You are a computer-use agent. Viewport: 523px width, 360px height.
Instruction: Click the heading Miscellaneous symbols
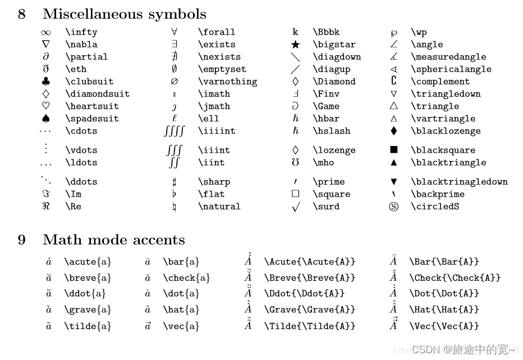tap(124, 14)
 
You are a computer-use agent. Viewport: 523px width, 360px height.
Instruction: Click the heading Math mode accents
tap(113, 240)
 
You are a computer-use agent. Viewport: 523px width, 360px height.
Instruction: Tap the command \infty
tap(81, 32)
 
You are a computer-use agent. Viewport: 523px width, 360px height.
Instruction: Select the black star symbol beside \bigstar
tap(296, 44)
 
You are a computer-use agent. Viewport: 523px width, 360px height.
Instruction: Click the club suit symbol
tap(46, 81)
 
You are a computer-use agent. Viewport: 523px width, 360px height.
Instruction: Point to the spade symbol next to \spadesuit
tap(46, 119)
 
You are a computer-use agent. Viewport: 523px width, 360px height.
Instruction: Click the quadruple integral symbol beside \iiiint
tap(174, 131)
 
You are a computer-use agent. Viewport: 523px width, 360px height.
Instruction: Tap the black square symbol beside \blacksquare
tap(394, 150)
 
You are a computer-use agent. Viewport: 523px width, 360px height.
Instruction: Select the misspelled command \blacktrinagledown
tap(459, 181)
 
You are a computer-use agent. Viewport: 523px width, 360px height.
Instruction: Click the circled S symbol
tap(394, 206)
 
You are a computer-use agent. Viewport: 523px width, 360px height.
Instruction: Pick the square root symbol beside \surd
tap(296, 207)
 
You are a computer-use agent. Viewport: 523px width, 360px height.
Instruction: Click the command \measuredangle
tap(448, 57)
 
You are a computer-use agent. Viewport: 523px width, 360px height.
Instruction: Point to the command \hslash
tap(331, 131)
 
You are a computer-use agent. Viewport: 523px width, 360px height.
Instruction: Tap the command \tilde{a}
tap(88, 326)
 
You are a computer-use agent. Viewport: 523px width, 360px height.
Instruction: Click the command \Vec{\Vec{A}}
tap(444, 326)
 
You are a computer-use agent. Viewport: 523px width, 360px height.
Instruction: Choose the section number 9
tap(22, 240)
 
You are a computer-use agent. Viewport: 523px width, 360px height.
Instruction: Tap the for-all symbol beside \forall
tap(175, 32)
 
